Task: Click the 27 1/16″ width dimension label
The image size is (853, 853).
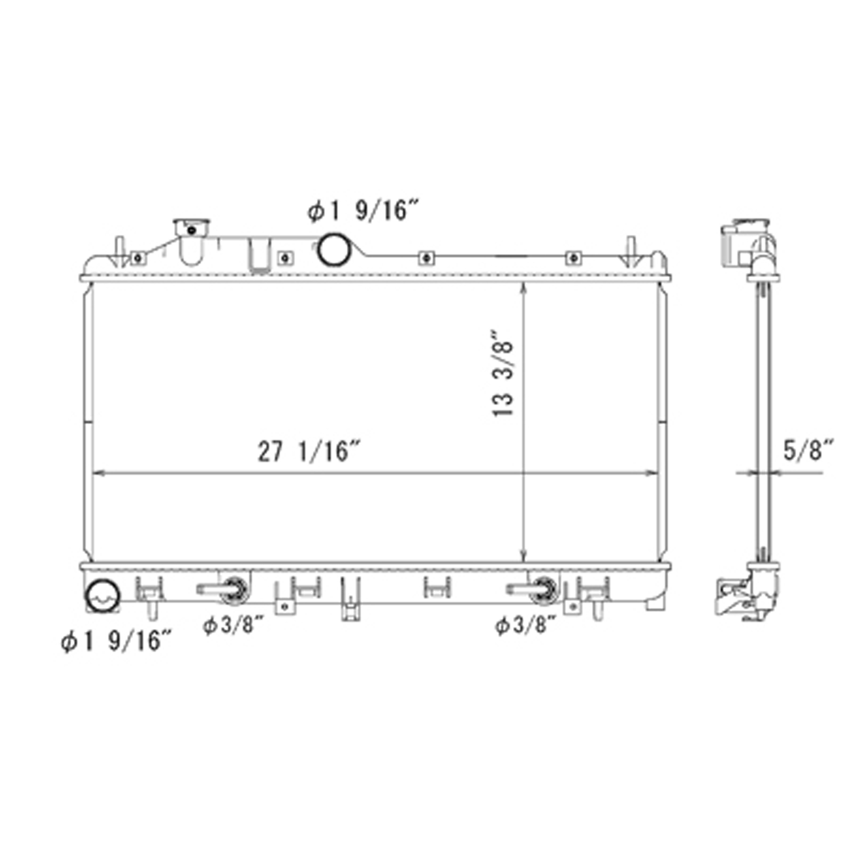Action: [310, 451]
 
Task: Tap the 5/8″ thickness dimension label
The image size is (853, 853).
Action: [808, 450]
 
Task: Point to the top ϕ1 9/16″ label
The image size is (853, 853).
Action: [364, 211]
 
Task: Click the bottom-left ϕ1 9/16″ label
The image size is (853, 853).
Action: [116, 641]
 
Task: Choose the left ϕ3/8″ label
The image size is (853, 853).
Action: [234, 626]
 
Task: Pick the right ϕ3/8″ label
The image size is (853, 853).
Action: [525, 626]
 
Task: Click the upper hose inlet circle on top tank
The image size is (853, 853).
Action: [333, 249]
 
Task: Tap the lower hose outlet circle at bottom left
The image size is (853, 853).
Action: [102, 595]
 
